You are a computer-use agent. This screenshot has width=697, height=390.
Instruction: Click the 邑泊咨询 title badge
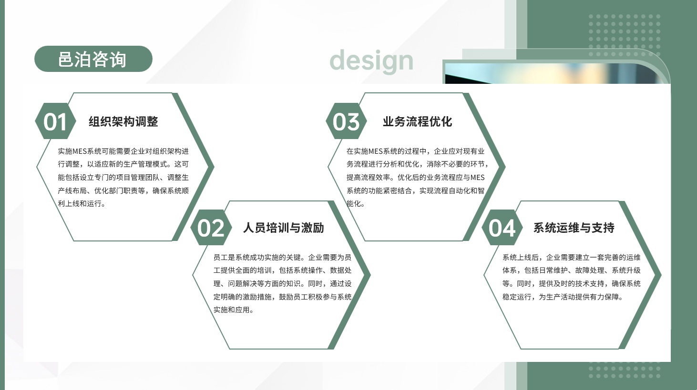point(93,59)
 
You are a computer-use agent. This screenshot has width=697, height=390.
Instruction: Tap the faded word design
point(371,61)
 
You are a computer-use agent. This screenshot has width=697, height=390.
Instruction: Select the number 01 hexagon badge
point(55,121)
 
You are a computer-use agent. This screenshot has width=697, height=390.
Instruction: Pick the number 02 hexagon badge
point(211,228)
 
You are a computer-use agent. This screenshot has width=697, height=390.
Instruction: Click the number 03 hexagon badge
point(346,121)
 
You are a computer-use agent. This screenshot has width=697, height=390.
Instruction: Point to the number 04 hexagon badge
point(502,228)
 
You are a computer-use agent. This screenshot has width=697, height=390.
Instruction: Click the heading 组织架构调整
point(123,121)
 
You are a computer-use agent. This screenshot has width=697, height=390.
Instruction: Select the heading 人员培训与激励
point(283,228)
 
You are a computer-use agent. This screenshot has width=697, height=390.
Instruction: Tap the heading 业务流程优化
point(417,121)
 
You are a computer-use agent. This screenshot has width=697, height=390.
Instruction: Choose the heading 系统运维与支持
point(574,228)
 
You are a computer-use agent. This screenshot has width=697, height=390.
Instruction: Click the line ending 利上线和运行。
point(82,203)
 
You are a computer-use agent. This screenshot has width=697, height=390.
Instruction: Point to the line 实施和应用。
point(234,310)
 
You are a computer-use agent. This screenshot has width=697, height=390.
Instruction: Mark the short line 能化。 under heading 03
point(356,203)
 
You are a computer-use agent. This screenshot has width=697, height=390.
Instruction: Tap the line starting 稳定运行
point(563,297)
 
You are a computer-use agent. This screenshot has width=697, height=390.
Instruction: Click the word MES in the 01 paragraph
point(80,151)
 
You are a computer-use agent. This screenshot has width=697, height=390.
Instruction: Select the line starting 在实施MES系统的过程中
point(415,151)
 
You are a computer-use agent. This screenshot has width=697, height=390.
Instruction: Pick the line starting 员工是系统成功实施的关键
point(282,257)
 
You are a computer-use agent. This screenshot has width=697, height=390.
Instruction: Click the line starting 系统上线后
point(571,257)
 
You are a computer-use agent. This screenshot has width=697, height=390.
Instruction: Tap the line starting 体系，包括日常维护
point(571,270)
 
